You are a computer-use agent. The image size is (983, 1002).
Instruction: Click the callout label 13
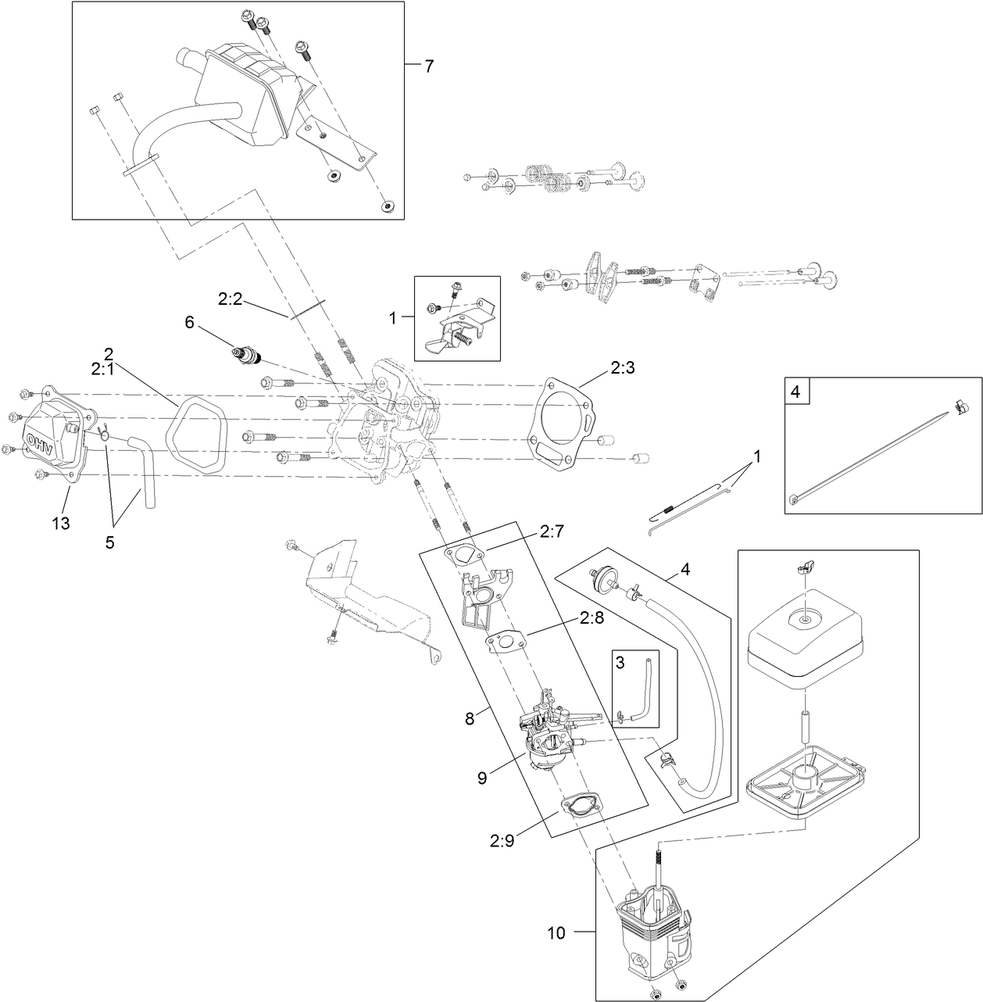(61, 523)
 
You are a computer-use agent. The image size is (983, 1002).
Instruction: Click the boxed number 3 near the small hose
(620, 662)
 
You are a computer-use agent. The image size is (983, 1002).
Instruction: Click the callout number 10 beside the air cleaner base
(556, 932)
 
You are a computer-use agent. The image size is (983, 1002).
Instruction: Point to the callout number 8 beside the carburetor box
(469, 718)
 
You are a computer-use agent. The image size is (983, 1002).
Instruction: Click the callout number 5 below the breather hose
(109, 542)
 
